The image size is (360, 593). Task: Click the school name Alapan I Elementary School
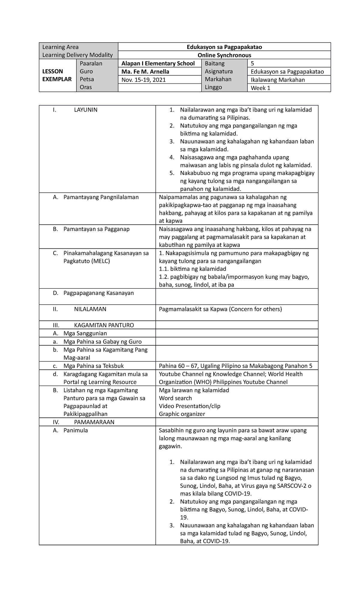click(158, 63)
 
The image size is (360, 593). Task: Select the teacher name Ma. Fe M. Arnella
click(145, 72)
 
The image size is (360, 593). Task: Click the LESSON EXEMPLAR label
click(57, 75)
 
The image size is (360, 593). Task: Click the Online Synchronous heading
click(224, 55)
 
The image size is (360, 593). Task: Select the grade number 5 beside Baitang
click(252, 63)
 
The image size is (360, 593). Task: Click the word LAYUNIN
click(85, 110)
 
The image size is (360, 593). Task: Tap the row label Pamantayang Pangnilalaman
click(101, 197)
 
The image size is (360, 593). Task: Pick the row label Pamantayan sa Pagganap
click(96, 229)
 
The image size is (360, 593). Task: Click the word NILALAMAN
click(90, 309)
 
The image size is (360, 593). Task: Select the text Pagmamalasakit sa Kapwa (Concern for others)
click(220, 309)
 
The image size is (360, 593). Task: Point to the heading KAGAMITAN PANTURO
click(104, 325)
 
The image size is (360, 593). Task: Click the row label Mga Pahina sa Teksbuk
click(93, 366)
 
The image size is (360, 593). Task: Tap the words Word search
click(175, 398)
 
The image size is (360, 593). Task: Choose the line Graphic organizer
click(182, 414)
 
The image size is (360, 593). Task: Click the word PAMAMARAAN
click(94, 422)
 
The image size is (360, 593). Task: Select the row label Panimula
click(76, 430)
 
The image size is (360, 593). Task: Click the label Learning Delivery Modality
click(77, 55)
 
